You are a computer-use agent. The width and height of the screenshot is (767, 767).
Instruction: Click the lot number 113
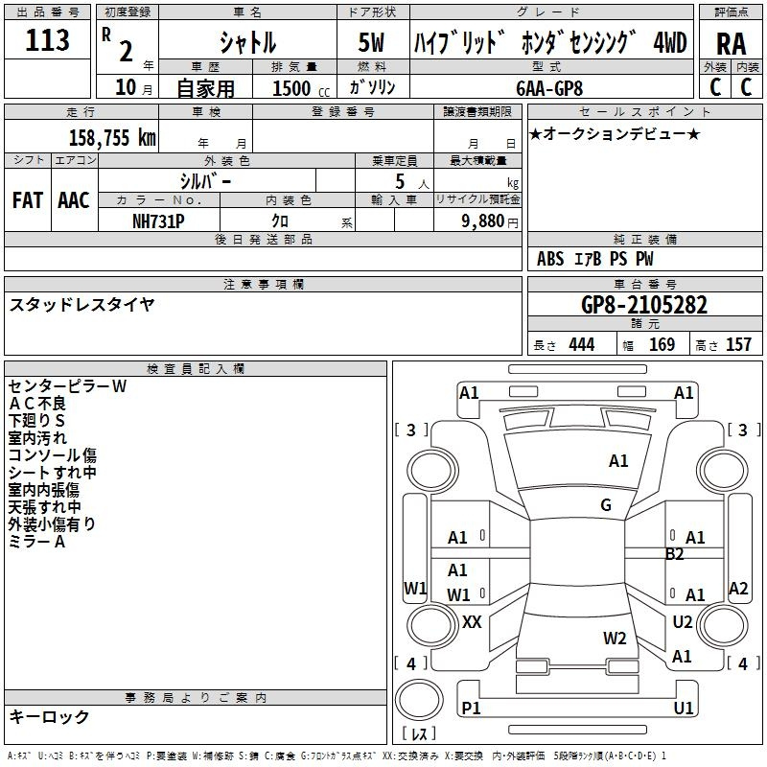coord(48,40)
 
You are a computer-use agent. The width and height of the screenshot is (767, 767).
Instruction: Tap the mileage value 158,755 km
coord(112,137)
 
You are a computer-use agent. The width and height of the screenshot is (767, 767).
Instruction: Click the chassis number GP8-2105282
coord(644,305)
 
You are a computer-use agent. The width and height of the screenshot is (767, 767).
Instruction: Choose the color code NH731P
coord(158,220)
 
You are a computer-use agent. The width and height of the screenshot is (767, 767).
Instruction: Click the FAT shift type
coord(27,199)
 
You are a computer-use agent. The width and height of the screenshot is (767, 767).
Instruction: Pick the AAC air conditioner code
coord(74,199)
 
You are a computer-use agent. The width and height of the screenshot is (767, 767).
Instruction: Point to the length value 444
coord(581,344)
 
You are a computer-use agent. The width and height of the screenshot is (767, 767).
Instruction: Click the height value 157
coord(738,344)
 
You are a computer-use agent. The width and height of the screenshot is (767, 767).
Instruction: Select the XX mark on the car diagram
coord(472,622)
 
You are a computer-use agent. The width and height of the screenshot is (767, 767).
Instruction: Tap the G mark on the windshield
coord(606,505)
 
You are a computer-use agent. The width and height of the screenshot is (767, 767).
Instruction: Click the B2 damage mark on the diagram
coord(675,554)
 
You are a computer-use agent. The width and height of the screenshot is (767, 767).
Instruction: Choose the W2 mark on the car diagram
coord(615,638)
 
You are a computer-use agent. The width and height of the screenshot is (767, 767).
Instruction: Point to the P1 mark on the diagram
coord(471,708)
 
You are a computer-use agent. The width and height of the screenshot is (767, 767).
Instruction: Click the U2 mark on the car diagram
coord(683,622)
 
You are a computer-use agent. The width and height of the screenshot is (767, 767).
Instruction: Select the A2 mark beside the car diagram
coord(738,589)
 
